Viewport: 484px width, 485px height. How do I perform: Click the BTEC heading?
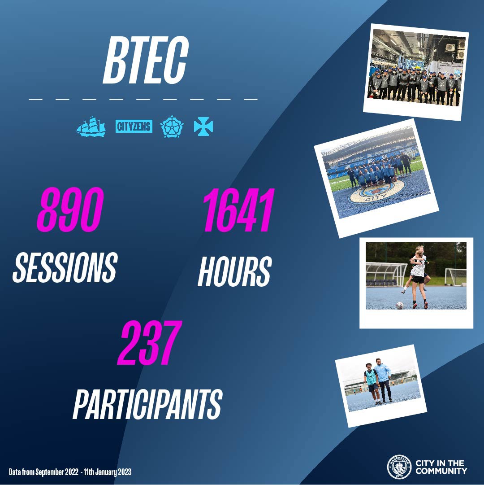point(146,60)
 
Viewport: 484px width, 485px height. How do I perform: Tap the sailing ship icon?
point(91,126)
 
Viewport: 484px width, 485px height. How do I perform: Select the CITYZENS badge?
point(134,126)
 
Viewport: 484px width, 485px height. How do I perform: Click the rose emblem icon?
point(172,126)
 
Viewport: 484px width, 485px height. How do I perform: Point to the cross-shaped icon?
point(203,126)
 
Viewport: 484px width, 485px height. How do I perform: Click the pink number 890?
point(70,210)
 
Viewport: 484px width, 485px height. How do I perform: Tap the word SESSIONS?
point(65,267)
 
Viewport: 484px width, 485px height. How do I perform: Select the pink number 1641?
point(238,210)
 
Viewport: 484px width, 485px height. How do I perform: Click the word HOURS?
point(234,271)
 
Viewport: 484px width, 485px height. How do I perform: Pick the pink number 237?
point(150,343)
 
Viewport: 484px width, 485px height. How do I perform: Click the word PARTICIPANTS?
point(147,404)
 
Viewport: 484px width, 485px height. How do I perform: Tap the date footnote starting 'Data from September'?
point(70,472)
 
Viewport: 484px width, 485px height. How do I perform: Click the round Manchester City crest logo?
point(399,467)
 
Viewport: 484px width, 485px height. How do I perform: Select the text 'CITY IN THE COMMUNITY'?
point(441,467)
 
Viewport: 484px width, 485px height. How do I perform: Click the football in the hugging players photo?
point(400,305)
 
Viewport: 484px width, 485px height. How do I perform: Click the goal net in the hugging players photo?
point(455,277)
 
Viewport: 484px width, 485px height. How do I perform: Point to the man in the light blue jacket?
point(383,380)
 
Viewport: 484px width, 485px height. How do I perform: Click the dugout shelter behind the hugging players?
point(386,274)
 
